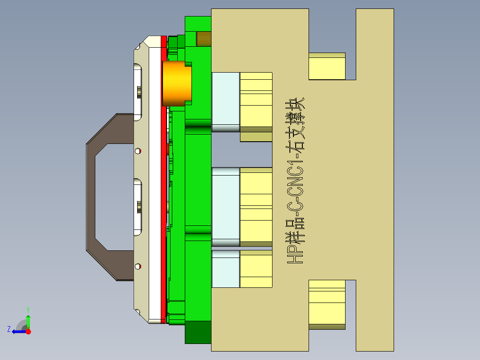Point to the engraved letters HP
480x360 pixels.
tap(295, 255)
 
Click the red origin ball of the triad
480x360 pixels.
tap(28, 331)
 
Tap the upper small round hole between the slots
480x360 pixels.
tap(138, 151)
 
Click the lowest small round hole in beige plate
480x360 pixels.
tap(138, 266)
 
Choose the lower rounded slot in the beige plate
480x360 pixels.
tap(138, 207)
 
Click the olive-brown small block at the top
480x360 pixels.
tap(204, 39)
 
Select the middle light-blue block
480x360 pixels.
tap(226, 206)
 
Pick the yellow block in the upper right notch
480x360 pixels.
tap(327, 67)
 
